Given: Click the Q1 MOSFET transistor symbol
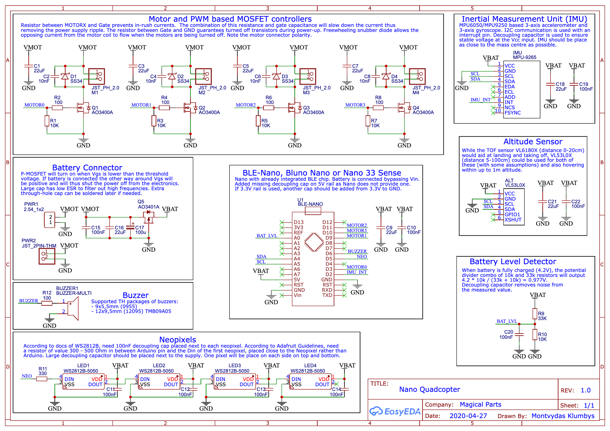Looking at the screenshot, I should tap(82, 108).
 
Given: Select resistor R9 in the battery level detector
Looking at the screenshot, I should tap(535, 313).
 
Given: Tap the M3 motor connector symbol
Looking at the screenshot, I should tap(308, 76).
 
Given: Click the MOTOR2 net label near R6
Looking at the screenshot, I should tap(246, 105).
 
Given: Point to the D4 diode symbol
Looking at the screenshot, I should tap(386, 76).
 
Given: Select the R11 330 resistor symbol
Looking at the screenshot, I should tap(42, 379).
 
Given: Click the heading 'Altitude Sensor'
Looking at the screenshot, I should tap(533, 141).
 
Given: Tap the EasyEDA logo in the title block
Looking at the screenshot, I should tap(395, 411).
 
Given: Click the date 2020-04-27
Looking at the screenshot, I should tap(468, 416).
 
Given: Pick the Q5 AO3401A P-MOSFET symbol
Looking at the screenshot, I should tap(148, 217).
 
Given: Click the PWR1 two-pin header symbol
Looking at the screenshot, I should tap(50, 220).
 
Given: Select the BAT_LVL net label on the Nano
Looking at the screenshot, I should tap(267, 235).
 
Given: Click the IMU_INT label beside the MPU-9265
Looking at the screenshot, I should tap(480, 100).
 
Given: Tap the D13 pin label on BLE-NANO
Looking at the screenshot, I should tap(298, 222).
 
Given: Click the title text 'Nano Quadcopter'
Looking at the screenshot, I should tap(429, 389).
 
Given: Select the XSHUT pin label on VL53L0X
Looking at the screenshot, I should tap(513, 220).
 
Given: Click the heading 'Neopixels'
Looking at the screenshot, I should tap(177, 339).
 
